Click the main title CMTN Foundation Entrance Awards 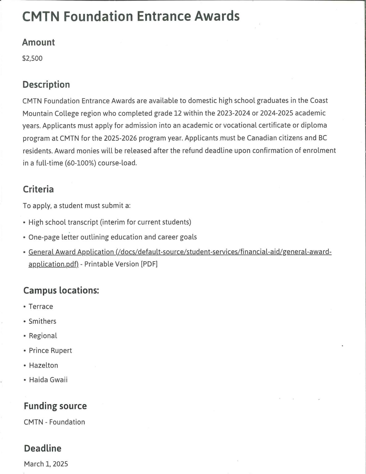click(131, 16)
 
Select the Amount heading click(38, 42)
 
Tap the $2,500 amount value click(32, 58)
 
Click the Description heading click(46, 85)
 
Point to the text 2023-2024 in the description click(233, 113)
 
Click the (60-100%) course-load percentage click(80, 163)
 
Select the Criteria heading click(38, 189)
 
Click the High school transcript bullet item click(110, 222)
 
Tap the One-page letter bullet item click(113, 237)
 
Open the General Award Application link click(180, 252)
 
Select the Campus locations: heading click(61, 290)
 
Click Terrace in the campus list click(41, 306)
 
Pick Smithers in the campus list click(42, 321)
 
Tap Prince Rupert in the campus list click(50, 351)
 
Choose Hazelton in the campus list click(43, 365)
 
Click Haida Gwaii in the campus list click(48, 380)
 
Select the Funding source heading click(55, 406)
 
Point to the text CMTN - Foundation click(54, 422)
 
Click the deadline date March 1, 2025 click(46, 464)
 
